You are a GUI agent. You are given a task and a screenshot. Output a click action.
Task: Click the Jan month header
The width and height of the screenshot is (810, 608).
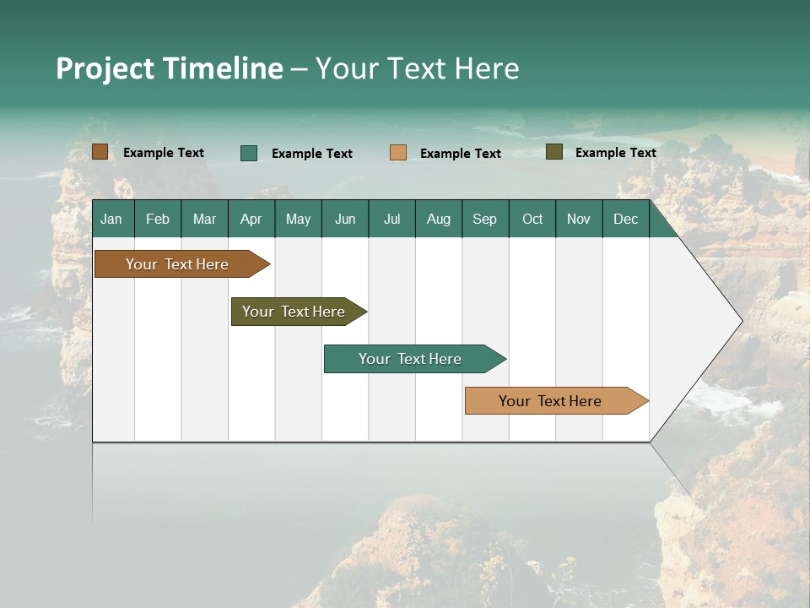pyautogui.click(x=112, y=219)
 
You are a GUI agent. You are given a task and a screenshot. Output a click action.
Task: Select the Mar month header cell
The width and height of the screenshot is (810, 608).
pyautogui.click(x=204, y=219)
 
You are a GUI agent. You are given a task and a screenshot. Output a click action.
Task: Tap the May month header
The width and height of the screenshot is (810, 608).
pyautogui.click(x=298, y=219)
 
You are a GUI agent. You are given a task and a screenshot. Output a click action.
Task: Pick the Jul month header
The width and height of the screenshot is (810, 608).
pyautogui.click(x=391, y=219)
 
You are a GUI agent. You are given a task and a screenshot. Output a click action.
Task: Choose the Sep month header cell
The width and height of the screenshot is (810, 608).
pyautogui.click(x=484, y=219)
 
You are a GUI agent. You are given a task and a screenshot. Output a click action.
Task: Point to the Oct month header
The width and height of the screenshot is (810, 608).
pyautogui.click(x=532, y=219)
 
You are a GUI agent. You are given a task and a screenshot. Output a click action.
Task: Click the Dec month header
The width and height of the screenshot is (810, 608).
pyautogui.click(x=625, y=219)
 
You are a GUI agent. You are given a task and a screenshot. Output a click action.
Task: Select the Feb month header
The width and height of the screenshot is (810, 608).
pyautogui.click(x=158, y=219)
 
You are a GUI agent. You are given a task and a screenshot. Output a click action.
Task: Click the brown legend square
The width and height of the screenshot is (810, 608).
pyautogui.click(x=100, y=152)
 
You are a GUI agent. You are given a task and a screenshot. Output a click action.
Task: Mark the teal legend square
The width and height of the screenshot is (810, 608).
pyautogui.click(x=249, y=153)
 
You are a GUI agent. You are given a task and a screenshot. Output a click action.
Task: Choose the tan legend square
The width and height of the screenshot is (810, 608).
pyautogui.click(x=398, y=153)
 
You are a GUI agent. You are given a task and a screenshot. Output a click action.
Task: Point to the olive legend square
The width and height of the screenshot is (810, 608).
pyautogui.click(x=554, y=152)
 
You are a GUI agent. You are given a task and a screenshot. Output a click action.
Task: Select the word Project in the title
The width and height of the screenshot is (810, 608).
pyautogui.click(x=105, y=68)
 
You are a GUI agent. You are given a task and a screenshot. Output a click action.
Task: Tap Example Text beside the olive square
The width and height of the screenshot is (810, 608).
pyautogui.click(x=615, y=152)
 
